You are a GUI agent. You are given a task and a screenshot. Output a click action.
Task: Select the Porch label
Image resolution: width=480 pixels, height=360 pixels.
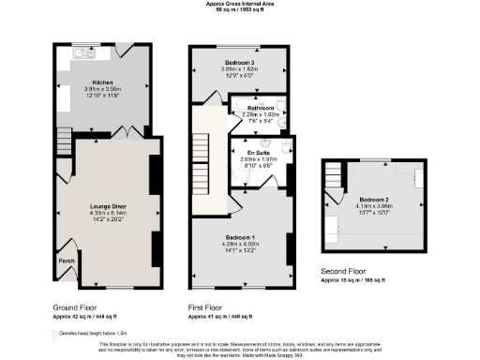point(67,261)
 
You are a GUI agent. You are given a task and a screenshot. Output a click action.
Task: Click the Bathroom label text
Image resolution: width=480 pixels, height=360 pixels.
point(260,108)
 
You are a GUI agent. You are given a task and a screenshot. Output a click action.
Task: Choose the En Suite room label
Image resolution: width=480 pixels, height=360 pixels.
point(258,152)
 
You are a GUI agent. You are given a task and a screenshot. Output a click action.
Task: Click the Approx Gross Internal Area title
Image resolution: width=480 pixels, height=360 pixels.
point(240,4)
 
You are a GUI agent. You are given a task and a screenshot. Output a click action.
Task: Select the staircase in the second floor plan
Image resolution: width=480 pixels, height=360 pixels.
point(335,174)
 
